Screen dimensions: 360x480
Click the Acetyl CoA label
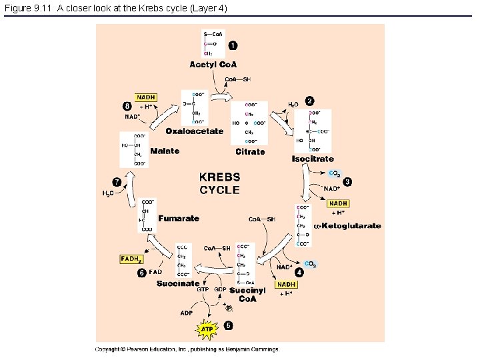[213, 65]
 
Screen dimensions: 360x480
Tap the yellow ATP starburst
[207, 328]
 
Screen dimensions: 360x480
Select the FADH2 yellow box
[131, 259]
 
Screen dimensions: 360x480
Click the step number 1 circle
[232, 45]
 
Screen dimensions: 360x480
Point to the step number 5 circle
[229, 326]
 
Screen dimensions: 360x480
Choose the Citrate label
[250, 152]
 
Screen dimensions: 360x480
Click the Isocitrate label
[313, 159]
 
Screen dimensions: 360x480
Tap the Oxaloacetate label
[195, 131]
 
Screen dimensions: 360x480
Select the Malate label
[165, 151]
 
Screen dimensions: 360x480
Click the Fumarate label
[179, 219]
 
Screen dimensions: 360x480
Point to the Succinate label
[177, 283]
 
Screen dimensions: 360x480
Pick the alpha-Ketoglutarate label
[347, 226]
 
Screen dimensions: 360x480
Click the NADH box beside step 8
[145, 97]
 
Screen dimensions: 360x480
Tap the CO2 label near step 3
[335, 174]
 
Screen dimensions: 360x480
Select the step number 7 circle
[117, 181]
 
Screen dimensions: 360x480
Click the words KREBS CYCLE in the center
[220, 183]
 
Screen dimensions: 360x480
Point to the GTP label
[203, 290]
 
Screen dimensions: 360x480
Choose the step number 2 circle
[309, 101]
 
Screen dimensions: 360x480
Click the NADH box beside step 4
[287, 285]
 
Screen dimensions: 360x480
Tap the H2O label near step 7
[107, 194]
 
